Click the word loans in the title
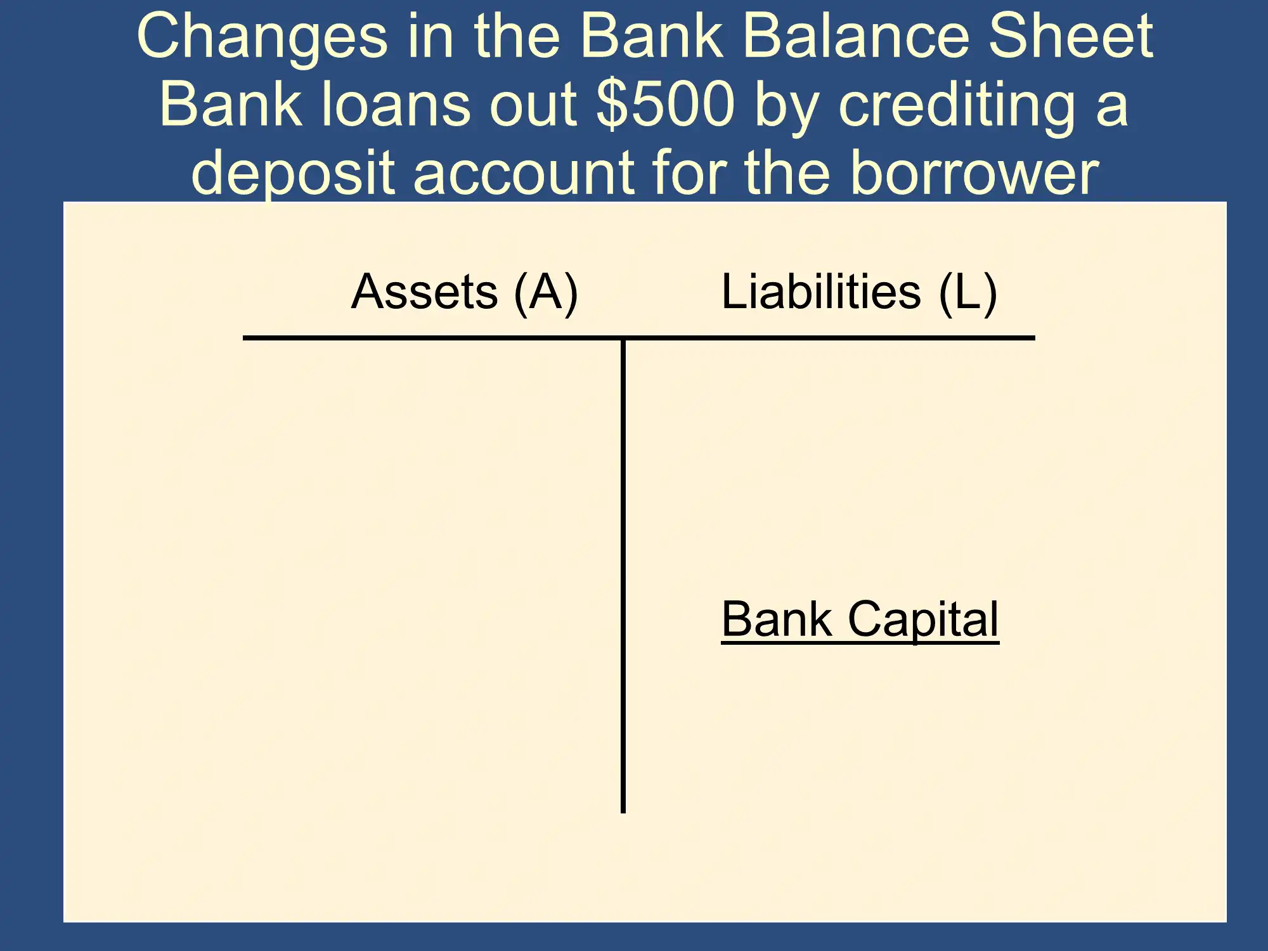396,104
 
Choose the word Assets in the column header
424,292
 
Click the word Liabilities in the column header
821,292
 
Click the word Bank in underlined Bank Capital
777,619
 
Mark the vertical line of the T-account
623,576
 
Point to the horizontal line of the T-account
639,338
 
